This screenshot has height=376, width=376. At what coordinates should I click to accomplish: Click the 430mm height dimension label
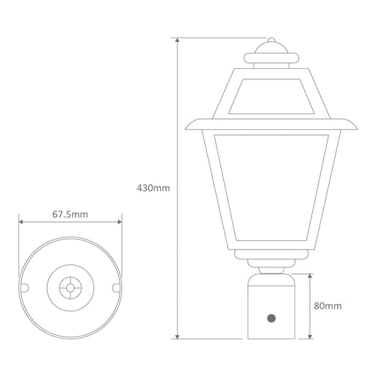pos(153,188)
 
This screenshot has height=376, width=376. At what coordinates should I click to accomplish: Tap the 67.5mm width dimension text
pos(70,214)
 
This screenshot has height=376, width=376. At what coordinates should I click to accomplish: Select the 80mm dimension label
pos(328,305)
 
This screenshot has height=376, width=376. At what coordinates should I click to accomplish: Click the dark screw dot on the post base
pos(271,318)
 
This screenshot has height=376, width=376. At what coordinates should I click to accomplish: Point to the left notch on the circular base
pos(24,288)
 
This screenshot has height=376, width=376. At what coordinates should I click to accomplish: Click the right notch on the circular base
pos(116,288)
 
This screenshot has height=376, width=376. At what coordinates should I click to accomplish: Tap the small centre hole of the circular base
pos(70,288)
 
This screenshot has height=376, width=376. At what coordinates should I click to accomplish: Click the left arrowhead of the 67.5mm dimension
pos(21,222)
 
